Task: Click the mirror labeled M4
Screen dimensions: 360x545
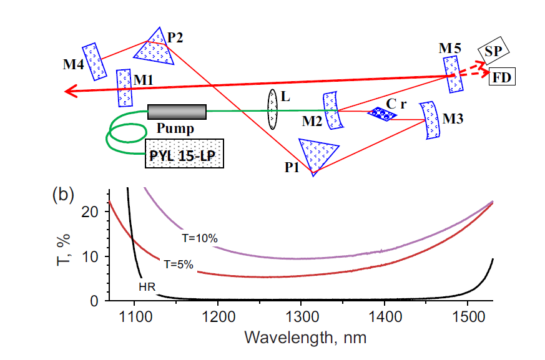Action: tap(94, 61)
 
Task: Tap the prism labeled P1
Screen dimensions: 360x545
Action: tap(318, 154)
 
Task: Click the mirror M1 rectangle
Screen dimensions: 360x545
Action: tap(124, 88)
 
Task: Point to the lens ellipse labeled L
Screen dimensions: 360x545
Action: tap(273, 109)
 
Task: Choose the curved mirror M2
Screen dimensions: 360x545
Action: tap(333, 110)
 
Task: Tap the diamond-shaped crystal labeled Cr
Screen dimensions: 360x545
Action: tap(381, 114)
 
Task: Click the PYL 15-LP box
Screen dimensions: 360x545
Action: tap(184, 155)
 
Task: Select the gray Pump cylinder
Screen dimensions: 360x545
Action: tap(177, 112)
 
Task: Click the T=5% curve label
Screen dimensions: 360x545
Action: tap(177, 264)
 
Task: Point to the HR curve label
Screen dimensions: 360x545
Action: tap(147, 287)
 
